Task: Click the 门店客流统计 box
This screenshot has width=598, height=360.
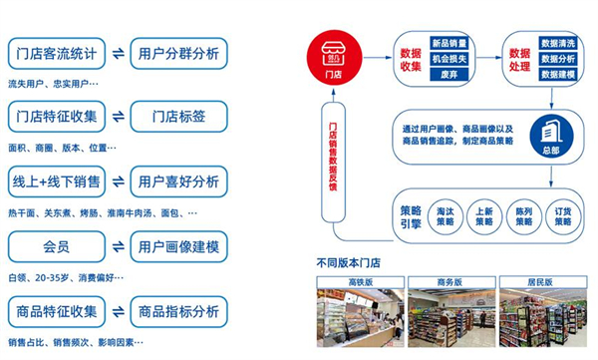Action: pos(56,54)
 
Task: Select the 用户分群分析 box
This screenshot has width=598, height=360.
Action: pos(179,54)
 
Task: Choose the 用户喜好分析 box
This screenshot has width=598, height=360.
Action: pos(179,181)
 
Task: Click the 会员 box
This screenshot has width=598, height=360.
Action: pos(56,246)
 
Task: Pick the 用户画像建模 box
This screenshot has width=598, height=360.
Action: pos(179,246)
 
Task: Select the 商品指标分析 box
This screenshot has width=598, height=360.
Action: pos(179,311)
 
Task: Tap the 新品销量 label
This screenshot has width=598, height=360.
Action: pos(448,42)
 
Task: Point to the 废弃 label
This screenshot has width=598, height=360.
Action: pos(448,74)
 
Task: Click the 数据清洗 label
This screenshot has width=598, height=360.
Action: pos(557,43)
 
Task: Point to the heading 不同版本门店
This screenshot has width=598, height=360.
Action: pos(347,263)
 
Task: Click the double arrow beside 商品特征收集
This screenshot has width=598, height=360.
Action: pos(118,311)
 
